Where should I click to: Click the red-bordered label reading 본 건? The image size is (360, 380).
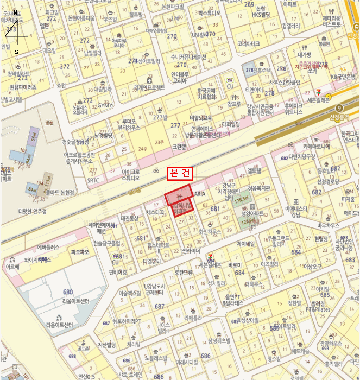[180, 172]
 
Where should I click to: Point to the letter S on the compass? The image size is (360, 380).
[17, 52]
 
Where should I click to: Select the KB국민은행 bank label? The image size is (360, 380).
[342, 77]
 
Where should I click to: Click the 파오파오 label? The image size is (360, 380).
[79, 252]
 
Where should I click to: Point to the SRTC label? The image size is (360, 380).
[93, 180]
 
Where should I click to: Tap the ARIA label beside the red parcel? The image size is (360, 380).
[200, 194]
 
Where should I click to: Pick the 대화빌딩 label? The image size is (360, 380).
[231, 124]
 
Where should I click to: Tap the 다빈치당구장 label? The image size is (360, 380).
[294, 156]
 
